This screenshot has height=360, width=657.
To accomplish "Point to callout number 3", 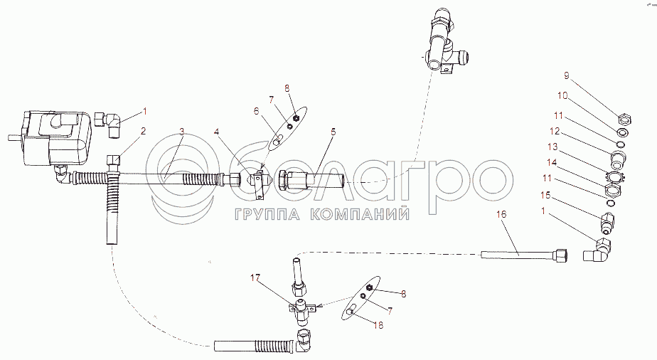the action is pyautogui.click(x=181, y=132).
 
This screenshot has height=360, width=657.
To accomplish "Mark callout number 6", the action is pyautogui.click(x=257, y=111).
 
